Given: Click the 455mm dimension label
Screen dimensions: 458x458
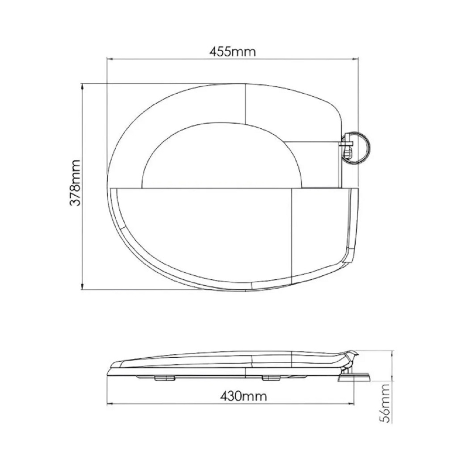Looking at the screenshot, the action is click(233, 51).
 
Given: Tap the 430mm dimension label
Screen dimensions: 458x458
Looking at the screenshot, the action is click(243, 395).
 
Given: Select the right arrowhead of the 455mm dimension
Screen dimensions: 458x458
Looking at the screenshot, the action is click(356, 59).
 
